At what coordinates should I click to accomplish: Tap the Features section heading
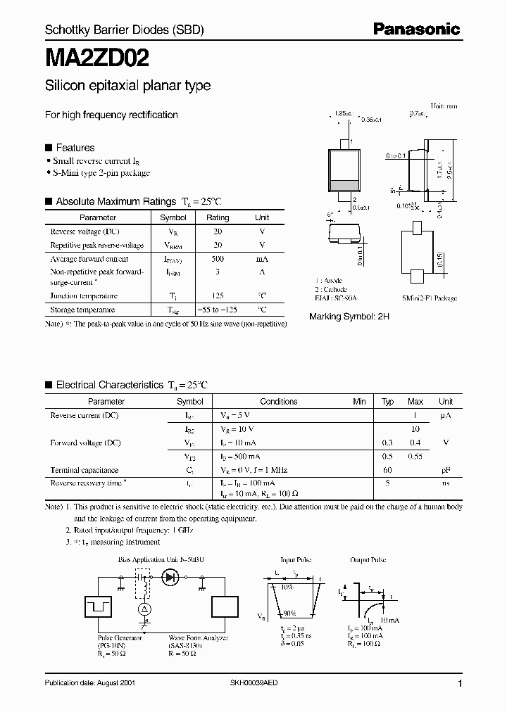click(75, 148)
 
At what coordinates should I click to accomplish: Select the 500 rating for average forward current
click(218, 259)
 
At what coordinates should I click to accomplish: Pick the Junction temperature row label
click(84, 296)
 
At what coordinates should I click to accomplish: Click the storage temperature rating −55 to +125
click(218, 310)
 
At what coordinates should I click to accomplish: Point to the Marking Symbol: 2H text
click(349, 317)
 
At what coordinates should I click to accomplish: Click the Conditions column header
click(279, 402)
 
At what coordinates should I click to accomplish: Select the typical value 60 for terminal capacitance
click(387, 469)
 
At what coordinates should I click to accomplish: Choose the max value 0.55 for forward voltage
click(415, 456)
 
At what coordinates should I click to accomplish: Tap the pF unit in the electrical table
click(446, 469)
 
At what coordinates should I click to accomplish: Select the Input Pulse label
click(296, 561)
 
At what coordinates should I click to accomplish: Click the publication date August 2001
click(90, 683)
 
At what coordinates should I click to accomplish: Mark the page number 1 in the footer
click(459, 684)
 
